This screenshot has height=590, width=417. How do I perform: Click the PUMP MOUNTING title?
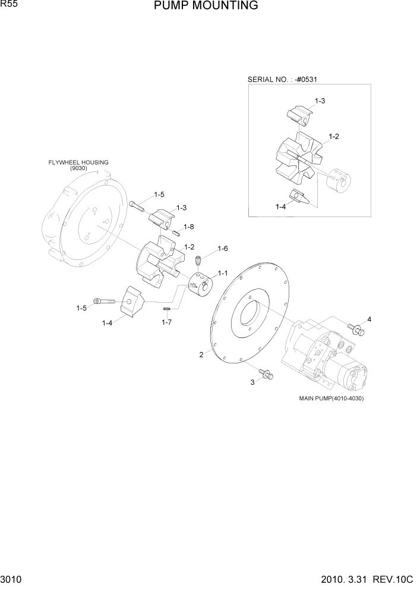(206, 6)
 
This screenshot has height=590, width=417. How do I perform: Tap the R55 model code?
(10, 4)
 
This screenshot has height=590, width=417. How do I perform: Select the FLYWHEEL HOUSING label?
(79, 162)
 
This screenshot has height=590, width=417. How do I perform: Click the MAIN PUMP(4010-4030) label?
(331, 398)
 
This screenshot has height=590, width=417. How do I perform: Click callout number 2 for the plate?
(201, 355)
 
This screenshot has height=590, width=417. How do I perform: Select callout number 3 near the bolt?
(252, 382)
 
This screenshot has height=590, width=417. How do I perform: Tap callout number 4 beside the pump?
(369, 319)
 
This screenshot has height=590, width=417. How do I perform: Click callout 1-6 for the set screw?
(223, 249)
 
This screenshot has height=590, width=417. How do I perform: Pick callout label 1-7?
(167, 322)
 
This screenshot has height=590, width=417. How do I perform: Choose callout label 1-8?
(189, 227)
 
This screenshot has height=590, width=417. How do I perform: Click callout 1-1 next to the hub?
(223, 273)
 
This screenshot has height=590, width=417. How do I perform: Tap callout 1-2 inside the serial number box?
(334, 137)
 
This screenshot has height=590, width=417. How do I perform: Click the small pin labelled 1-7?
(168, 308)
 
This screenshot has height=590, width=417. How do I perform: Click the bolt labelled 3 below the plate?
(267, 374)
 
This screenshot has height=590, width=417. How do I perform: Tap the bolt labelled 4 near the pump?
(356, 328)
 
